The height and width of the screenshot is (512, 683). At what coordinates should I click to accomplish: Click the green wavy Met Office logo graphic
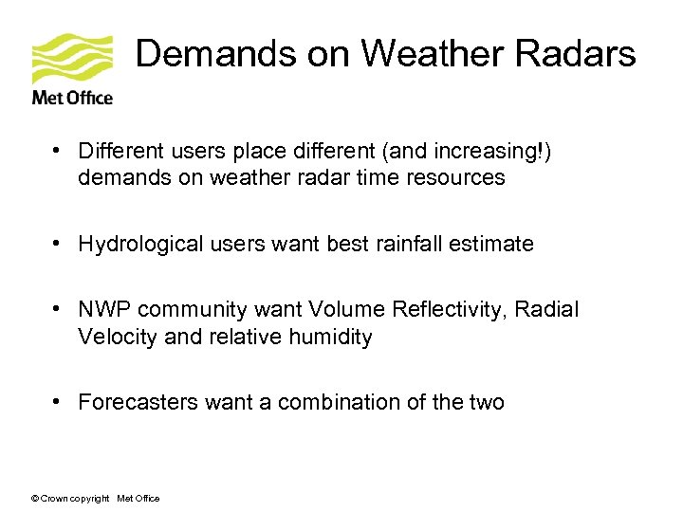tap(72, 59)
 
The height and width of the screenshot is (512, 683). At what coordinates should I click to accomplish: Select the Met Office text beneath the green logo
tap(72, 97)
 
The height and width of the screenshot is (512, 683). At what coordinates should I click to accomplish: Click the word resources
tap(459, 178)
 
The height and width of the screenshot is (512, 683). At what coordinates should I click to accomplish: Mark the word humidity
tap(332, 338)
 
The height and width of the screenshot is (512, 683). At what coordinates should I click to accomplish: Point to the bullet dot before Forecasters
tap(58, 402)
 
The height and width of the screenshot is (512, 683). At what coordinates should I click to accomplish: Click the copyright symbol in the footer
tap(35, 499)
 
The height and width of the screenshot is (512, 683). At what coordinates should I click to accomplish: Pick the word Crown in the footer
tap(54, 499)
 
